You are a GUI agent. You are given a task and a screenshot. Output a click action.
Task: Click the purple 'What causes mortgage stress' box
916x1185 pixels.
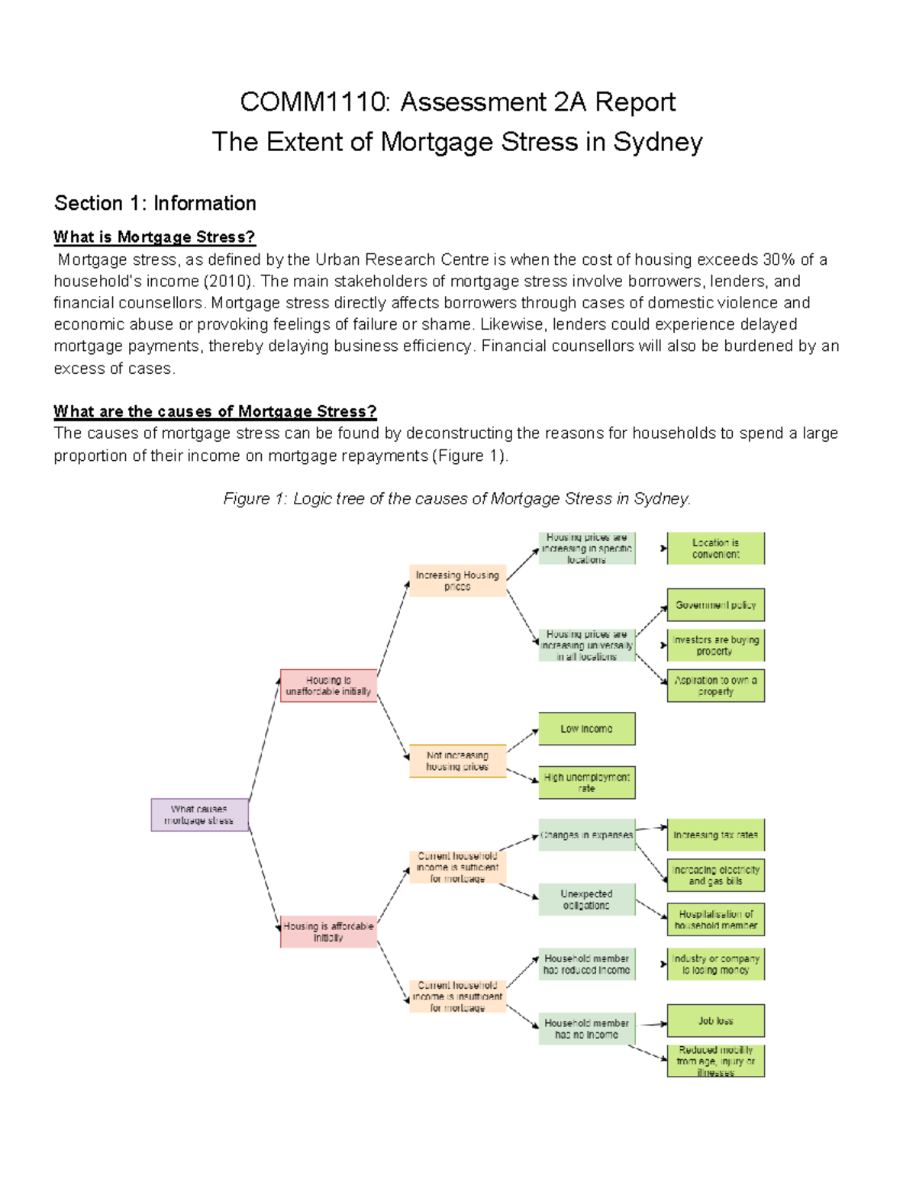pos(199,815)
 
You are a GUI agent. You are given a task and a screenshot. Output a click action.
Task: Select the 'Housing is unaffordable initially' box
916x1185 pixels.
pos(328,685)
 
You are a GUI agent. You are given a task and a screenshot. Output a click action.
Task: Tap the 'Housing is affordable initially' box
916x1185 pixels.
pos(328,932)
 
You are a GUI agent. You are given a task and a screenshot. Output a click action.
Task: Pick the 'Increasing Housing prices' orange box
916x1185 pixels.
pos(457,581)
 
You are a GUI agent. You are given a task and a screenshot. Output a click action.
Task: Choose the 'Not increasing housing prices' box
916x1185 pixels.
pos(457,761)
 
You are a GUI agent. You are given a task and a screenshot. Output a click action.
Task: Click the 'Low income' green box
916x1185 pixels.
pos(586,729)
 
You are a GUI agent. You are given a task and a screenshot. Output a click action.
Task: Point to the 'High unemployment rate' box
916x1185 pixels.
pos(586,783)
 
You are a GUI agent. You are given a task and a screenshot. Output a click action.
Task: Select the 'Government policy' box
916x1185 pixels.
pos(715,605)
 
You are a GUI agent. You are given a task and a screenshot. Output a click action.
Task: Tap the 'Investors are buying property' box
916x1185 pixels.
pos(715,646)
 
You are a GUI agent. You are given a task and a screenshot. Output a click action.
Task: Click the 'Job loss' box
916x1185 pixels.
pos(715,1021)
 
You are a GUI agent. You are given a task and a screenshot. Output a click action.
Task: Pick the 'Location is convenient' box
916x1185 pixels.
pos(715,549)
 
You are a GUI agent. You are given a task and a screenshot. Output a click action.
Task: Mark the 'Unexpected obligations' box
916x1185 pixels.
pos(586,900)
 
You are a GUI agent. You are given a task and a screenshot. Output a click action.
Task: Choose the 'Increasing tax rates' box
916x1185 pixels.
pos(715,835)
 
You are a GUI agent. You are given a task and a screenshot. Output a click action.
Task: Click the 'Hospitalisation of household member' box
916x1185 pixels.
pos(715,919)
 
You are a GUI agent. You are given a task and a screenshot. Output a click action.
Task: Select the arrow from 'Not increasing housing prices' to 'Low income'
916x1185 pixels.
pos(523,740)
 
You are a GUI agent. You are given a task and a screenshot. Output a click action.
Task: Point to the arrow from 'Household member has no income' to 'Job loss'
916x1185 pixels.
pos(653,1024)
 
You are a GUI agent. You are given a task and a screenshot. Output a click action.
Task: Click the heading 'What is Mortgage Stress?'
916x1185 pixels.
pos(154,237)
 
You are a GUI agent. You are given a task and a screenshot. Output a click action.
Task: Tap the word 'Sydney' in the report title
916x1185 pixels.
pos(657,142)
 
